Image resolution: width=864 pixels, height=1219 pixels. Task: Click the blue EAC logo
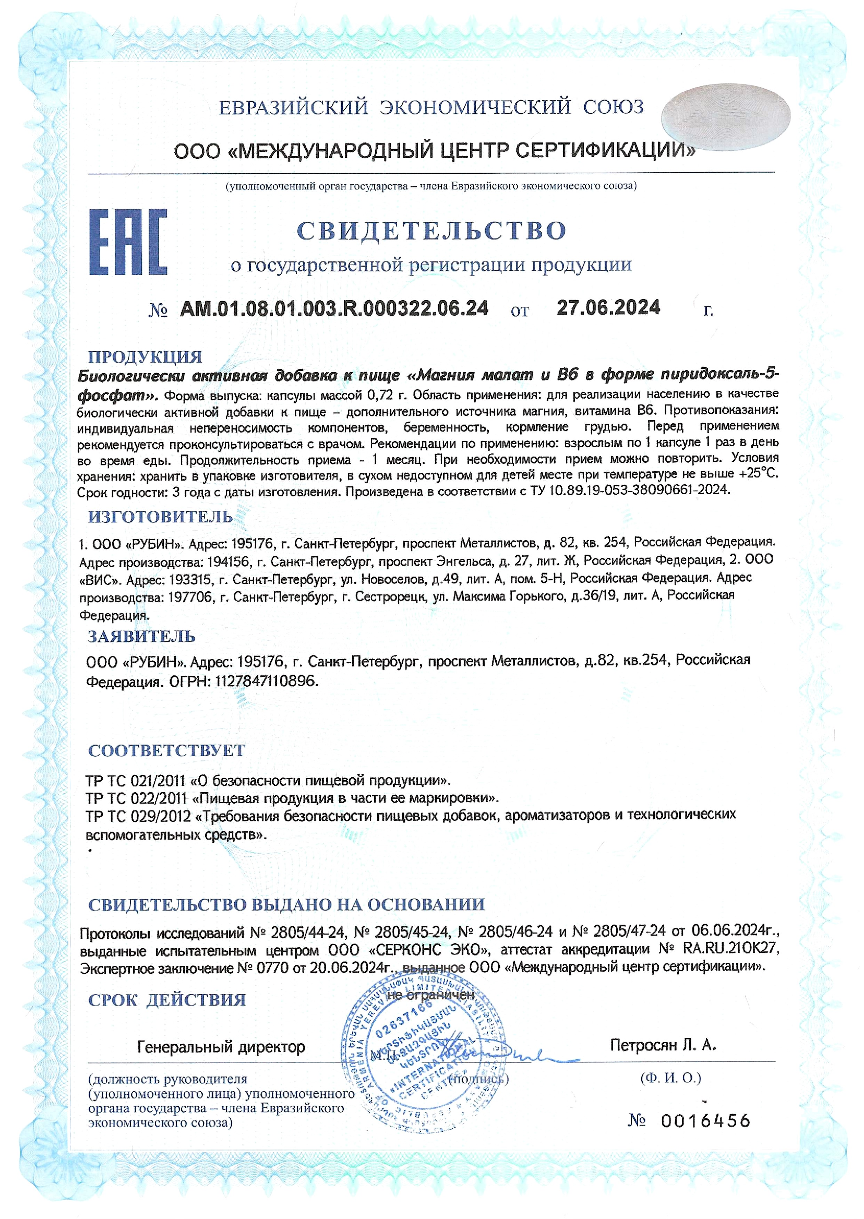coord(128,242)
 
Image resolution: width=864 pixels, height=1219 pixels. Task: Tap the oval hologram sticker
coord(726,115)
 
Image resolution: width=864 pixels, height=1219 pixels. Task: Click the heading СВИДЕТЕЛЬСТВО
coord(431,231)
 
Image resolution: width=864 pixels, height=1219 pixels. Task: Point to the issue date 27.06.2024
coord(608,307)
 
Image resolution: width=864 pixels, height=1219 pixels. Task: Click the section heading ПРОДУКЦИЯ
coord(145,356)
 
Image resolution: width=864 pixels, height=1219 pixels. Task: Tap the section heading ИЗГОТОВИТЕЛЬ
coord(160,517)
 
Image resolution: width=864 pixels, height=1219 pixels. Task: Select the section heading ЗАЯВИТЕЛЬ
coord(141,636)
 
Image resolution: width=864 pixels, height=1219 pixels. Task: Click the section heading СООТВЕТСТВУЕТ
coord(166,751)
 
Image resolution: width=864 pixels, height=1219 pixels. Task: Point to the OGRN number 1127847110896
coord(266,681)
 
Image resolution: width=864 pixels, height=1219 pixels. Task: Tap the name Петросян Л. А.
coord(663,1045)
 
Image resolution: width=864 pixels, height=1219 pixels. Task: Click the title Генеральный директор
coord(221,1047)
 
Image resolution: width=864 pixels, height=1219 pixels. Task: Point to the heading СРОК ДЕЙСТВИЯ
coord(167,1000)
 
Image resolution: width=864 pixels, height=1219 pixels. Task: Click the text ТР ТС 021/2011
coord(136,781)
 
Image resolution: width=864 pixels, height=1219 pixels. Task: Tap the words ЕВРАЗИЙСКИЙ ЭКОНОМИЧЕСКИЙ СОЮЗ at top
coord(431,107)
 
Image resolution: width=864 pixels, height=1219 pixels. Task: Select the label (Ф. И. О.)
coord(670,1078)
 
